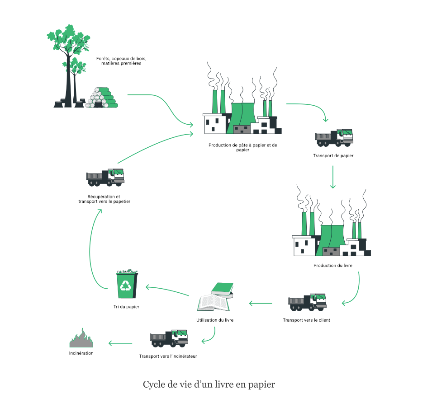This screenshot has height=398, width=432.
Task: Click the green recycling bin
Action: pyautogui.click(x=127, y=284)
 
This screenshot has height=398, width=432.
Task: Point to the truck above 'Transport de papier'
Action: pyautogui.click(x=334, y=138)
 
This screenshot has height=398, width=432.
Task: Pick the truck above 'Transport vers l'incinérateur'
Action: pyautogui.click(x=169, y=337)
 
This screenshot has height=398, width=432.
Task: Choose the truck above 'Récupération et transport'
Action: pyautogui.click(x=105, y=178)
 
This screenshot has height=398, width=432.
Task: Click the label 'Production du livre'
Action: pyautogui.click(x=332, y=265)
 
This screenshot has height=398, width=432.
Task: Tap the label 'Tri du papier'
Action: pyautogui.click(x=126, y=307)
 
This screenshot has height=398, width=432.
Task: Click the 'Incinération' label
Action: pyautogui.click(x=81, y=353)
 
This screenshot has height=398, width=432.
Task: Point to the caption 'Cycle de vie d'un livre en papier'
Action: pyautogui.click(x=209, y=384)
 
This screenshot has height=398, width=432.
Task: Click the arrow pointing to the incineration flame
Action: pyautogui.click(x=121, y=343)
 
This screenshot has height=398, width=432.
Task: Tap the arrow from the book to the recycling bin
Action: pyautogui.click(x=166, y=291)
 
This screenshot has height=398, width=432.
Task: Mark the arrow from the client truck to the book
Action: pyautogui.click(x=260, y=303)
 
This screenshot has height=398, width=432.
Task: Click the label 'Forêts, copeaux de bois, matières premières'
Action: pyautogui.click(x=121, y=61)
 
